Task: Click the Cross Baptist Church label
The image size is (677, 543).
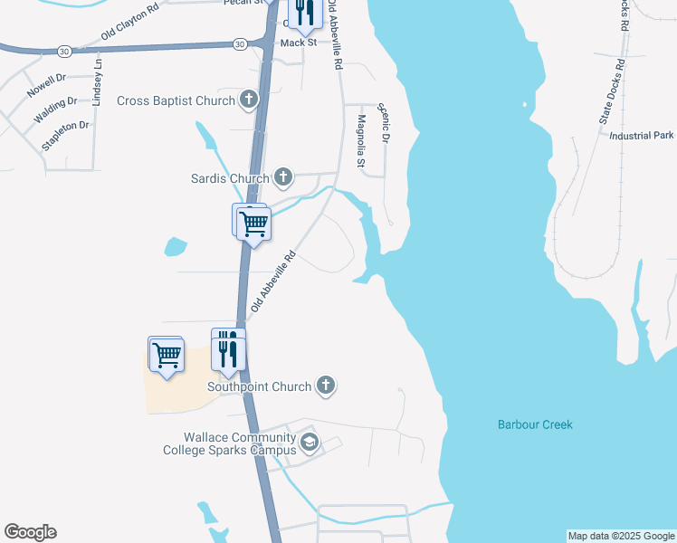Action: click(176, 100)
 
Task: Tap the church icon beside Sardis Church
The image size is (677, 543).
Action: click(283, 177)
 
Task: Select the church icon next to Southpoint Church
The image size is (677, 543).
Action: click(326, 386)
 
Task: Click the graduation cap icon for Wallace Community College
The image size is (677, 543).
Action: click(309, 443)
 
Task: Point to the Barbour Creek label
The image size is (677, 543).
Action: click(535, 424)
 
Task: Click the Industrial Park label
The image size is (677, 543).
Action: click(643, 136)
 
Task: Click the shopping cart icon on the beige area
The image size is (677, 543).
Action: click(167, 354)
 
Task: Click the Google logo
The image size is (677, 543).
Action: click(30, 532)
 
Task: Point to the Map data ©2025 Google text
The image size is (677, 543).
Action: click(621, 536)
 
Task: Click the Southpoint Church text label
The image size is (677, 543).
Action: click(259, 387)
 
